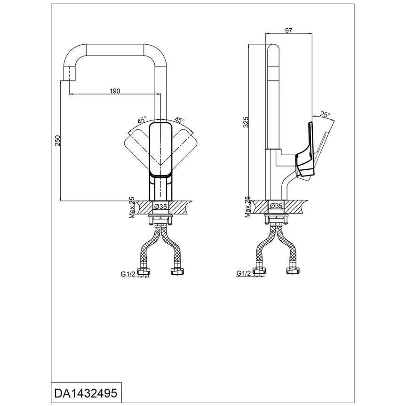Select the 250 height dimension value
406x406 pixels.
(57, 141)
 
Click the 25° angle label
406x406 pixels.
(325, 114)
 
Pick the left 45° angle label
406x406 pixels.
(142, 119)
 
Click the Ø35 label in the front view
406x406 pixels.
(161, 206)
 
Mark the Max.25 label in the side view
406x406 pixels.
(247, 207)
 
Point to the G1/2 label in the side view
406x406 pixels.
(243, 273)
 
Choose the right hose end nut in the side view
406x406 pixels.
(293, 271)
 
